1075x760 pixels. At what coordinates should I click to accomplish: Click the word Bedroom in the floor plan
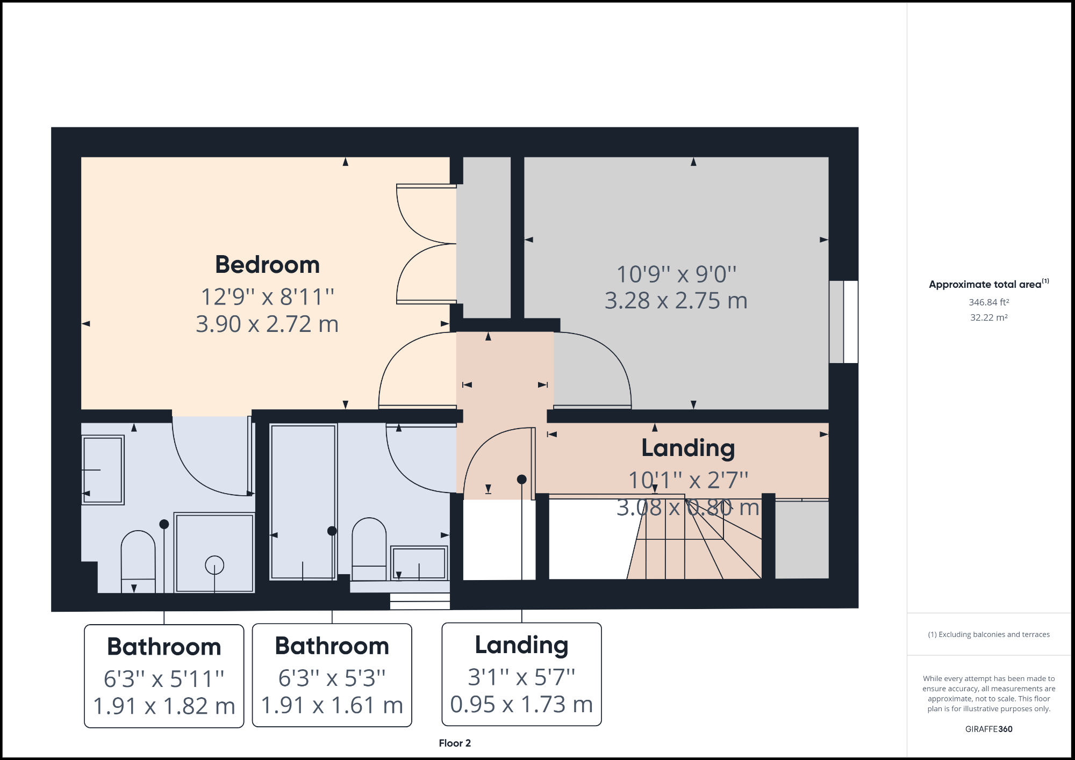point(267,265)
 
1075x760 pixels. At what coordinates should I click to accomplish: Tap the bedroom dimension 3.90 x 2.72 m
point(267,324)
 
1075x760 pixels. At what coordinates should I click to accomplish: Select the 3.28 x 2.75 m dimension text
point(676,301)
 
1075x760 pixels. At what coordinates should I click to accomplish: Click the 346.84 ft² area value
point(988,302)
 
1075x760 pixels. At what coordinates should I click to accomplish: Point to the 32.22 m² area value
point(988,317)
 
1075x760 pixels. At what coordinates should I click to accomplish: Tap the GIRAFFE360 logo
point(988,729)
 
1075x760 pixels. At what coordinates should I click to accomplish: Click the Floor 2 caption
point(455,743)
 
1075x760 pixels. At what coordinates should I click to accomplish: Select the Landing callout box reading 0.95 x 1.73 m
point(521,674)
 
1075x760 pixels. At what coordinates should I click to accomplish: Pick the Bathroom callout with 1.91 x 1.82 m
point(164,676)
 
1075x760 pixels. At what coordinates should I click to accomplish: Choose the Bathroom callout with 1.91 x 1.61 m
point(332,675)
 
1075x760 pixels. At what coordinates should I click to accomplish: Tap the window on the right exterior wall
point(843,322)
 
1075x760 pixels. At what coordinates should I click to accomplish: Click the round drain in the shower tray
point(214,565)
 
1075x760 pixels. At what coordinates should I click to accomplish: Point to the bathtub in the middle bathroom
point(303,502)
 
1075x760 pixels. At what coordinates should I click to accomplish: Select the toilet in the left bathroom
point(138,559)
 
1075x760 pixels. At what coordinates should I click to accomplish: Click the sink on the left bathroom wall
point(103,470)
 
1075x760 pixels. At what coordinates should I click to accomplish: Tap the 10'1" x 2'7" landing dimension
point(688,480)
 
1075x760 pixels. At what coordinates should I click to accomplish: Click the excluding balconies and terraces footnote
point(988,634)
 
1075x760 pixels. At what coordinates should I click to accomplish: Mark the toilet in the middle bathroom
point(369,548)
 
